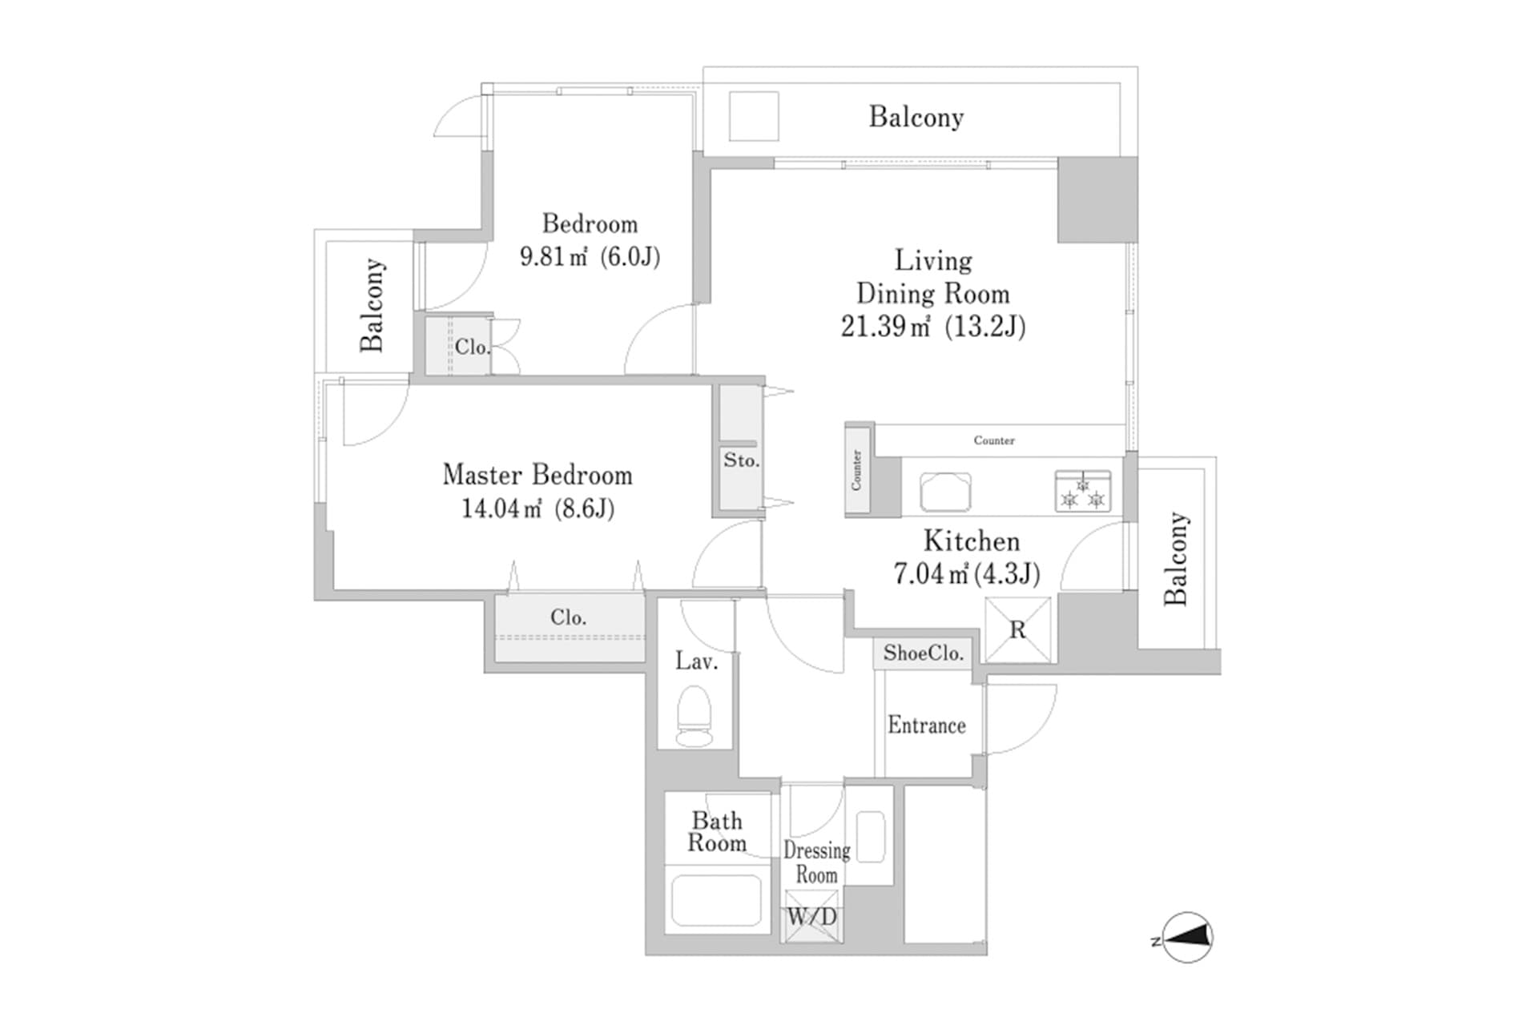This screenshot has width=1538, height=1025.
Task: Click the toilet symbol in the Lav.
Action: (695, 716)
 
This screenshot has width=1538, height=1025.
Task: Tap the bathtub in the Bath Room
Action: (715, 900)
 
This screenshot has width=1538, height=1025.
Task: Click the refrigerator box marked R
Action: (1017, 630)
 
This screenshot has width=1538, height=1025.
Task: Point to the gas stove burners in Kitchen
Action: (1083, 492)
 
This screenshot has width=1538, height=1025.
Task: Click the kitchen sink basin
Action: (945, 491)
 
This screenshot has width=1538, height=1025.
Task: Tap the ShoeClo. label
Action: (923, 653)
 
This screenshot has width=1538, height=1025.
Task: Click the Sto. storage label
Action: (741, 460)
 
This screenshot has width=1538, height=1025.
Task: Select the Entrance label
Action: (927, 726)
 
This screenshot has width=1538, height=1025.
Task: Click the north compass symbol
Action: (1186, 937)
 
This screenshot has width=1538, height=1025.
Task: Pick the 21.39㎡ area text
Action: (885, 327)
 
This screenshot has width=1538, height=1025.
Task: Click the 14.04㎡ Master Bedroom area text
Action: (502, 508)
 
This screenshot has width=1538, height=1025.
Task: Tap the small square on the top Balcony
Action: (754, 117)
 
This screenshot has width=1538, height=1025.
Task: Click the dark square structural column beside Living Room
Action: (1097, 200)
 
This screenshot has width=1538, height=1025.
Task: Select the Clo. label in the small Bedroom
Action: (472, 347)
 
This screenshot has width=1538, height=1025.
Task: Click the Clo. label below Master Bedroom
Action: (568, 617)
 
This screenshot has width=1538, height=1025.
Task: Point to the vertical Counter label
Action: (856, 470)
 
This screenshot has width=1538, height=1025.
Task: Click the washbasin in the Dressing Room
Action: (870, 837)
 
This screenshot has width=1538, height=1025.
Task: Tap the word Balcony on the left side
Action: (372, 305)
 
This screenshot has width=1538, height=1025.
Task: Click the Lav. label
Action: (695, 661)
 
